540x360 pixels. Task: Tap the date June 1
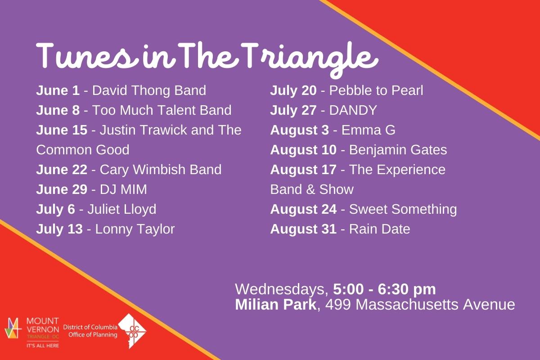[58, 90]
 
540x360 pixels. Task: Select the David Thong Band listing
[149, 90]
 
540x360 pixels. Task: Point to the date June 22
[62, 170]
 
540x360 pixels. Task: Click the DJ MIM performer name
[123, 189]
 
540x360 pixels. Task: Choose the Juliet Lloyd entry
[122, 209]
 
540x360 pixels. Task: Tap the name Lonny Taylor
[135, 229]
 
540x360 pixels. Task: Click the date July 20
[293, 90]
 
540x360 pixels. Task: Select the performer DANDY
[353, 110]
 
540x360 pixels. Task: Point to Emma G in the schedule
[369, 130]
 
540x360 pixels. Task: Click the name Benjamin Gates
[398, 150]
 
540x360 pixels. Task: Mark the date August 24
[303, 209]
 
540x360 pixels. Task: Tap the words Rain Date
[379, 229]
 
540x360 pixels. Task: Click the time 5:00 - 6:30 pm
[384, 289]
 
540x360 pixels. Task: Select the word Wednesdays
[281, 289]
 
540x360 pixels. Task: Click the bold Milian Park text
[275, 304]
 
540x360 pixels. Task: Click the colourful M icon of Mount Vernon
[13, 328]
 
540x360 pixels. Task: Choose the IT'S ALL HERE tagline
[43, 346]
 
